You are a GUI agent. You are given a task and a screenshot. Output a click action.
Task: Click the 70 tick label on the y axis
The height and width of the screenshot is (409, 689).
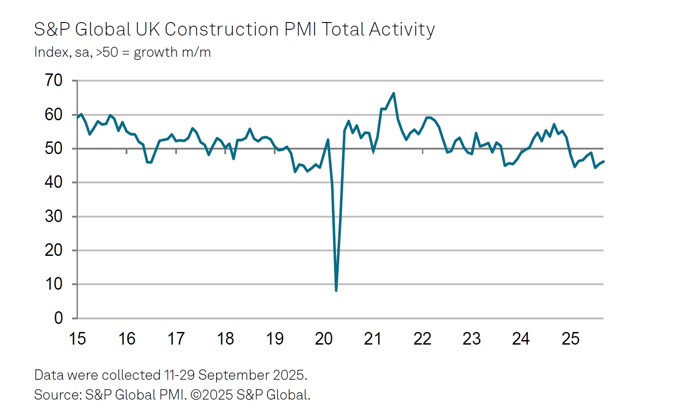click(54, 81)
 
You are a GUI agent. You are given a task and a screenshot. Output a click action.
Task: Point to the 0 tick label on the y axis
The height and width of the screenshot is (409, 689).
click(59, 318)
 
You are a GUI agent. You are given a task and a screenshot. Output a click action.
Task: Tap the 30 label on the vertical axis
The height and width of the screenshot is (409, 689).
click(54, 217)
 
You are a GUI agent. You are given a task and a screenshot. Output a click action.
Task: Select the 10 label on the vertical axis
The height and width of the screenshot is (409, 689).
click(54, 284)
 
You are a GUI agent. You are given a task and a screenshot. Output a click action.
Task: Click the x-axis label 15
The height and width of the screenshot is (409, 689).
click(77, 339)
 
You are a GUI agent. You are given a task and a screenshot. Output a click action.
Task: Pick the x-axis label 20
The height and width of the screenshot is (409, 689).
click(324, 339)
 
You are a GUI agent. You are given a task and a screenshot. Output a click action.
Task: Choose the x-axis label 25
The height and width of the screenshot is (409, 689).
click(571, 339)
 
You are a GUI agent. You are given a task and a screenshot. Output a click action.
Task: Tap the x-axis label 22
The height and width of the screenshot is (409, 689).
click(422, 339)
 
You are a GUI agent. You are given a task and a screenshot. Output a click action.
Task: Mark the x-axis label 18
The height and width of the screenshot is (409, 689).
click(225, 339)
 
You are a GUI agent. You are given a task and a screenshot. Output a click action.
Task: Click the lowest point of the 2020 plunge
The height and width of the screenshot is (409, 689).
click(336, 291)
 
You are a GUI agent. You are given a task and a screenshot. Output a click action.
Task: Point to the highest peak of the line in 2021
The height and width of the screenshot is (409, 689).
click(394, 93)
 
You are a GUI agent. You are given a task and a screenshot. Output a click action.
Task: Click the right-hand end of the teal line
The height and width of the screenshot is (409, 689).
click(603, 161)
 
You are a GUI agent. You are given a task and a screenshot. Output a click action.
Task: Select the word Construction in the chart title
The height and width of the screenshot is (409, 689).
click(222, 30)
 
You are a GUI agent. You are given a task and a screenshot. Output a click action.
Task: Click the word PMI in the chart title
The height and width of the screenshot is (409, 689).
click(300, 30)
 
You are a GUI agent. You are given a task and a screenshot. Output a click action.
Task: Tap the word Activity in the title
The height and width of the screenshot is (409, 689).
click(402, 30)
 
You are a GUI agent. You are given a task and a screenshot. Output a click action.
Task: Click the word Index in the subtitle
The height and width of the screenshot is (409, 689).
click(51, 52)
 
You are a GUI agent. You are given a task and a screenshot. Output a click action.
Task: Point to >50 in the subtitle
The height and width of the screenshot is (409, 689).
click(107, 52)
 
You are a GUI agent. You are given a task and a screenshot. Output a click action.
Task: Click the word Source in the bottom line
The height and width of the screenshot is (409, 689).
click(57, 395)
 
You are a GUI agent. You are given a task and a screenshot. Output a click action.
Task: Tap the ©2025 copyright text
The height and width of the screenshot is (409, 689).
click(211, 395)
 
